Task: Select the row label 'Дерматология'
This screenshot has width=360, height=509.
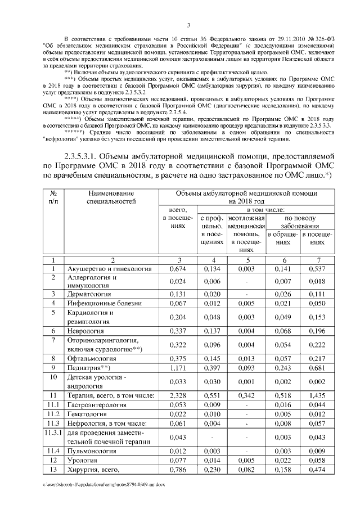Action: [90, 294]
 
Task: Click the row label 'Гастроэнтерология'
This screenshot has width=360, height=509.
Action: [99, 405]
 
